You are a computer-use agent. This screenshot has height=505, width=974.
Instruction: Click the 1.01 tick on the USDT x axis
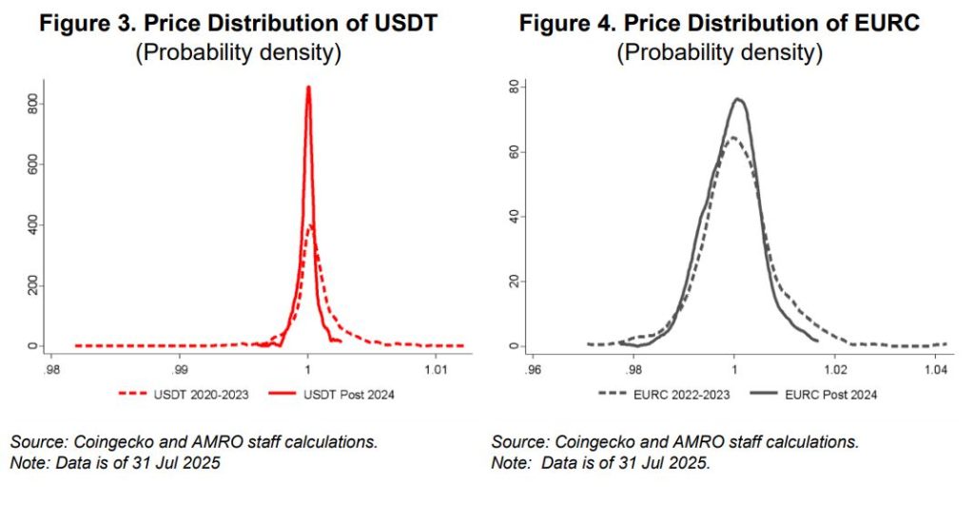(436, 366)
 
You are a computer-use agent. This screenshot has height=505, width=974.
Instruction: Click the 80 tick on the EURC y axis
(511, 87)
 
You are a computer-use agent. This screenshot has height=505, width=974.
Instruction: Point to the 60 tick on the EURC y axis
(511, 151)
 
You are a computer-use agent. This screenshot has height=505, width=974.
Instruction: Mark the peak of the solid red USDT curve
(308, 87)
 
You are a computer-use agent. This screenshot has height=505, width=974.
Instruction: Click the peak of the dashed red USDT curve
(311, 225)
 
